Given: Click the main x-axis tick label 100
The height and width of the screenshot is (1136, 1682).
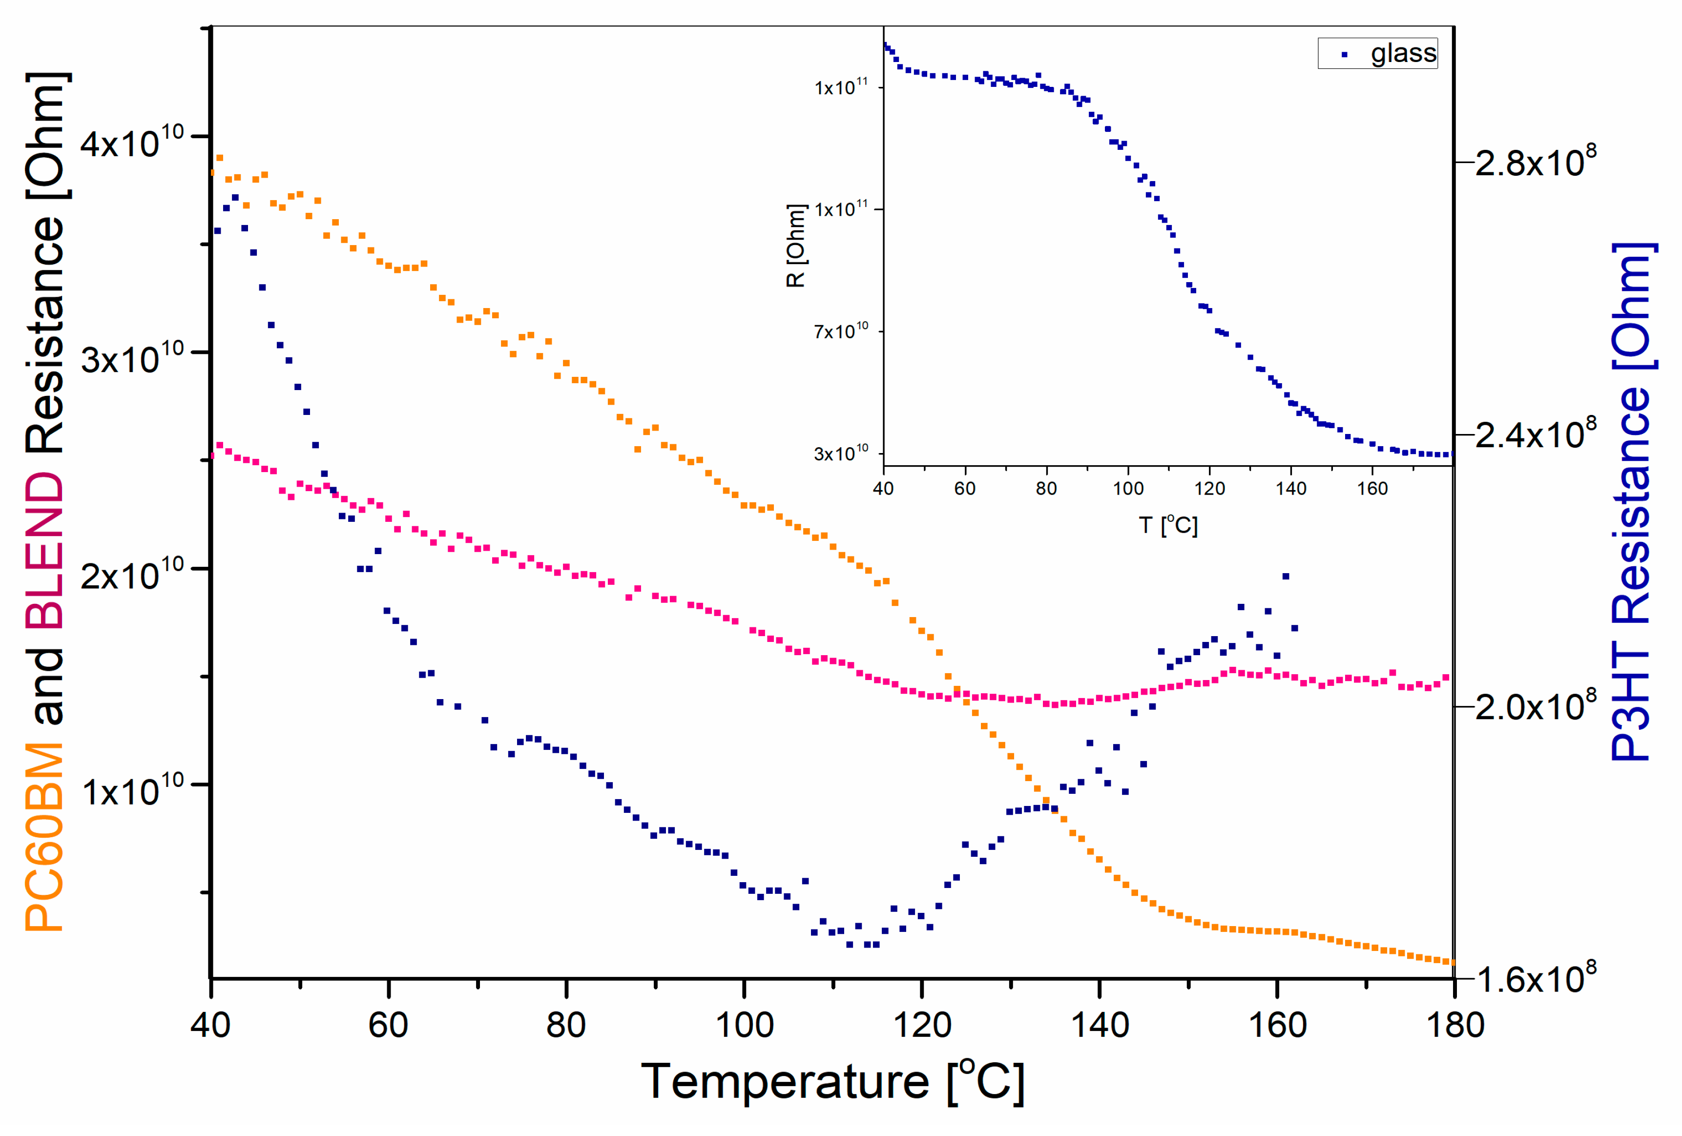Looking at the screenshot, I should [x=744, y=1025].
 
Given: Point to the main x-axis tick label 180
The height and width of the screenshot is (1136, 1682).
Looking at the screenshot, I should [x=1454, y=1025].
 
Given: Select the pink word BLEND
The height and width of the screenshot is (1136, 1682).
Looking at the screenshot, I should [x=45, y=550].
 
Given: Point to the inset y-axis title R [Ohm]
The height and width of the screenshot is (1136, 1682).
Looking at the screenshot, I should [x=795, y=246].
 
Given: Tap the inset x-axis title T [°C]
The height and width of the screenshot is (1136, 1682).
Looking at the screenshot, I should [x=1167, y=525].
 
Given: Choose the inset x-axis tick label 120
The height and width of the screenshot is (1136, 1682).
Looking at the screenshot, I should [x=1209, y=488].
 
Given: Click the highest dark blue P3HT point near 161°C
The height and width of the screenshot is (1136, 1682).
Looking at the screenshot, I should [x=1286, y=577].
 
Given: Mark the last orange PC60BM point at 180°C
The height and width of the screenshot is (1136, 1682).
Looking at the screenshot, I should [x=1451, y=962].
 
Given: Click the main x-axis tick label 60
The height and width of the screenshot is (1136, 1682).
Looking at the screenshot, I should [x=389, y=1025].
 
